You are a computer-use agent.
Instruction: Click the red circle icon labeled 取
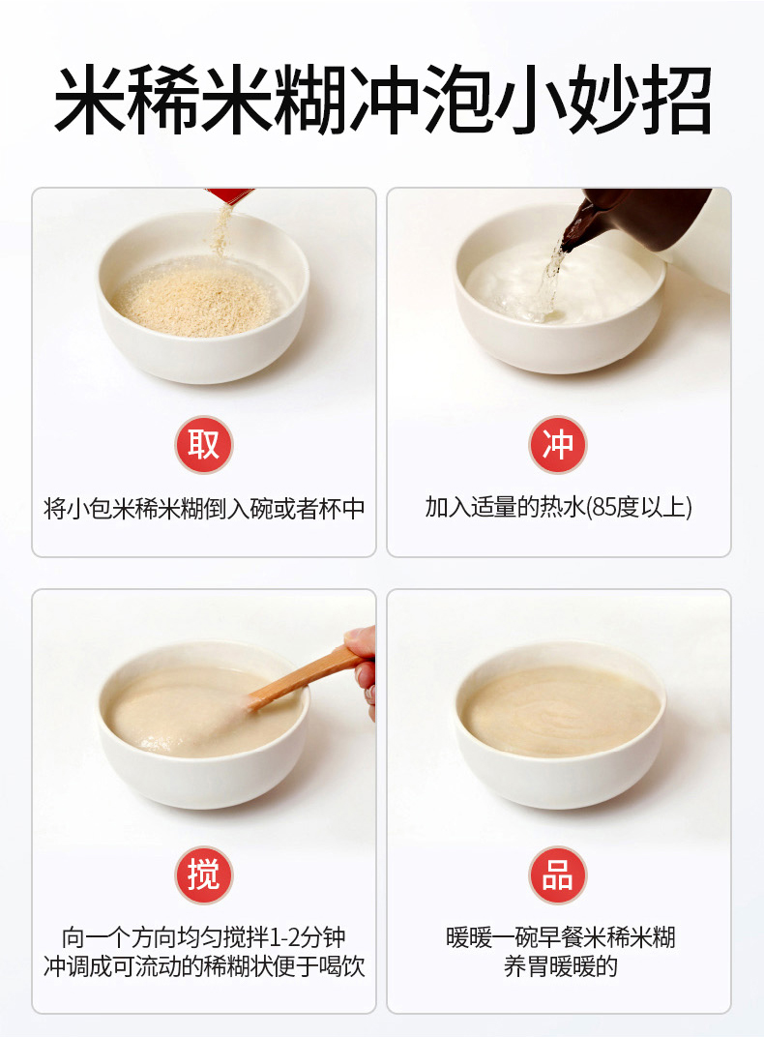(203, 444)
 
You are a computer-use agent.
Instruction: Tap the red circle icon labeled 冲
(558, 444)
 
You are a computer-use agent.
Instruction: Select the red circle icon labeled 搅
(203, 874)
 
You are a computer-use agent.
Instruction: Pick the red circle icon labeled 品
(558, 874)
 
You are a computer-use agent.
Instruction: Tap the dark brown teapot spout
(576, 228)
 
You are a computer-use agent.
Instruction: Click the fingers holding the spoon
(362, 668)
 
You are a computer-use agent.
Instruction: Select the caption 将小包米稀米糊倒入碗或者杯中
(203, 509)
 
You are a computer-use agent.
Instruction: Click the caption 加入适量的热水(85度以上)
(558, 507)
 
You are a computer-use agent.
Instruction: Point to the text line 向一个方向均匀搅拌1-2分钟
(203, 937)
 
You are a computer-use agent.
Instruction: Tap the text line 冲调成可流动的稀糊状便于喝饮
(203, 966)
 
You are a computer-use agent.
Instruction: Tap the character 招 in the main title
(674, 100)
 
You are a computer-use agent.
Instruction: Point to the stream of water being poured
(548, 284)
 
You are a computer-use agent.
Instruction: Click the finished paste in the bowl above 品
(561, 711)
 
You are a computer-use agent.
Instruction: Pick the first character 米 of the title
(89, 100)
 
